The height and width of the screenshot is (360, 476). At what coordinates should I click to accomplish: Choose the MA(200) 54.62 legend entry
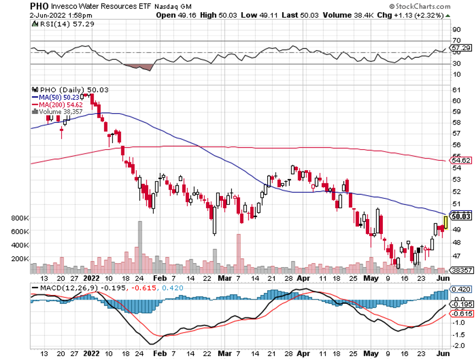coord(56,103)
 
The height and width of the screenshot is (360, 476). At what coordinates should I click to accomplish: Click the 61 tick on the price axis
coord(456,89)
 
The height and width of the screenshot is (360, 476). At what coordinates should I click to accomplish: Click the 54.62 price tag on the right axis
coord(461,161)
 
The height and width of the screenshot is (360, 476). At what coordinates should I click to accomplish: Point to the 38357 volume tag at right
coord(461,270)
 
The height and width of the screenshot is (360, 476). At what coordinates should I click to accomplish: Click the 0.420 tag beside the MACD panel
coord(461,289)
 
